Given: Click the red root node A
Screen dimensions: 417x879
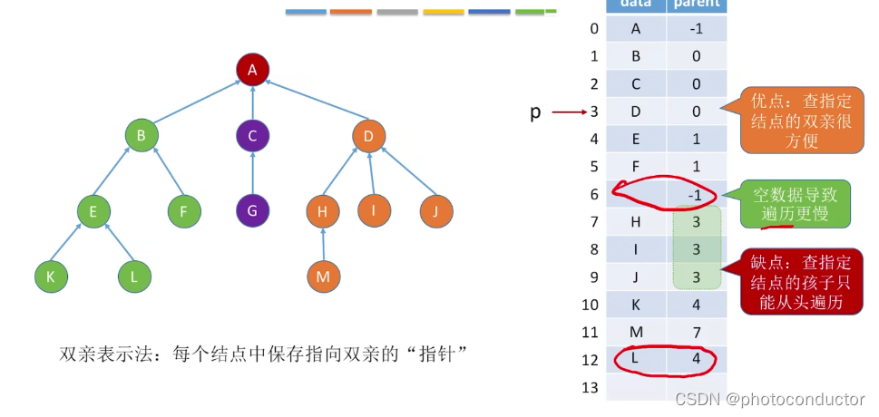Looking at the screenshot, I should [252, 69].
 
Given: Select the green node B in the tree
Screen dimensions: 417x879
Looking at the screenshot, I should [142, 137].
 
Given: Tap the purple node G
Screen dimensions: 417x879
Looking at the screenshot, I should [252, 211].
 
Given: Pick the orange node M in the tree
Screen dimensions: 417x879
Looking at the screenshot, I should [323, 276].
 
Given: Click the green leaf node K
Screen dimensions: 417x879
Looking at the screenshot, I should [51, 276].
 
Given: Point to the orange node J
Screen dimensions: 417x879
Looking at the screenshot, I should [436, 211].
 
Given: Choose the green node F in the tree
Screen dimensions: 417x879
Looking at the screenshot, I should [184, 211].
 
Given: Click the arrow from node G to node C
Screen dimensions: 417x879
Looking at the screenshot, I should [252, 174].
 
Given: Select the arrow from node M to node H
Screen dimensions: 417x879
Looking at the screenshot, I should [323, 244].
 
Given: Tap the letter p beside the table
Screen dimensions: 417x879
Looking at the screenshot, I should [535, 112].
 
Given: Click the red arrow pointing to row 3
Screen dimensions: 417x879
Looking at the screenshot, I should [569, 112].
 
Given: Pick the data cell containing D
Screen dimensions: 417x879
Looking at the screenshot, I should [635, 112].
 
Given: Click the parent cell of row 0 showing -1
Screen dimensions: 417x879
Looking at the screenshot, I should [697, 28].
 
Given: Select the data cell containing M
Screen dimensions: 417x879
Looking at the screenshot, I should [635, 333].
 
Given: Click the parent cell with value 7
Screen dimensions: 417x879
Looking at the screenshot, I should [697, 333].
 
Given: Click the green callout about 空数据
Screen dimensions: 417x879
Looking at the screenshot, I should [796, 204].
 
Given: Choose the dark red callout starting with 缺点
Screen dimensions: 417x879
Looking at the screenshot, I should [796, 281].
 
